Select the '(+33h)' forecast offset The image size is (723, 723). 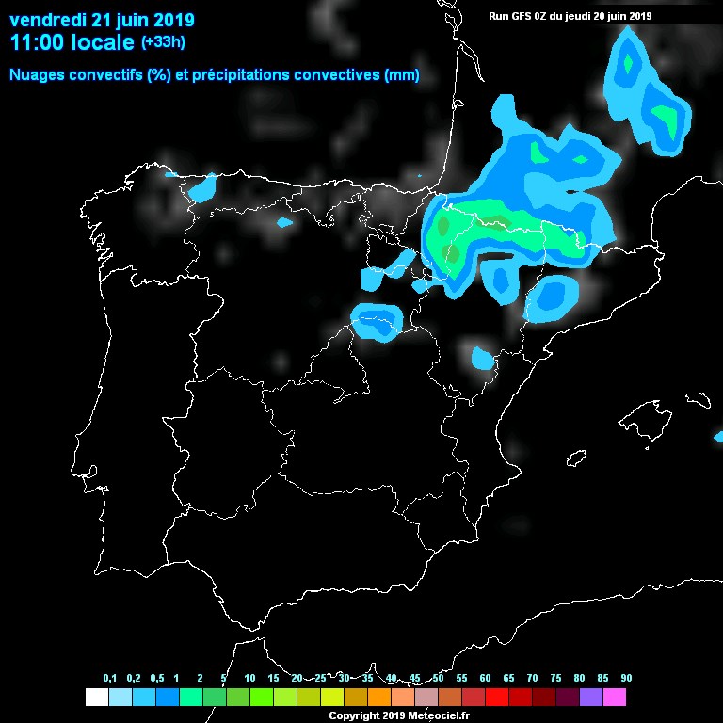(x=163, y=42)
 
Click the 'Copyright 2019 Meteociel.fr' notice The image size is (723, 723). (x=397, y=715)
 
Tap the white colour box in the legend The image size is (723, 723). (x=96, y=698)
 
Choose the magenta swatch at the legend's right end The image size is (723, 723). (x=615, y=698)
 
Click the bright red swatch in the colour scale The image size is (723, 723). (x=497, y=698)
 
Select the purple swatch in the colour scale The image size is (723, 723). (x=591, y=698)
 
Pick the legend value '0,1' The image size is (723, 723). (x=110, y=679)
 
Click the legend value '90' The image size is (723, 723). (x=626, y=679)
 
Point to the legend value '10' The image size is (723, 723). (x=249, y=679)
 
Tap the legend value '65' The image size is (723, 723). (x=508, y=679)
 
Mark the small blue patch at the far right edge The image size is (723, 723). (x=718, y=436)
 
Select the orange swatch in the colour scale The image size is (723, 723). (x=379, y=698)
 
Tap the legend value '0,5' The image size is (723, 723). (x=157, y=679)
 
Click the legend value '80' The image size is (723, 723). (x=579, y=679)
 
